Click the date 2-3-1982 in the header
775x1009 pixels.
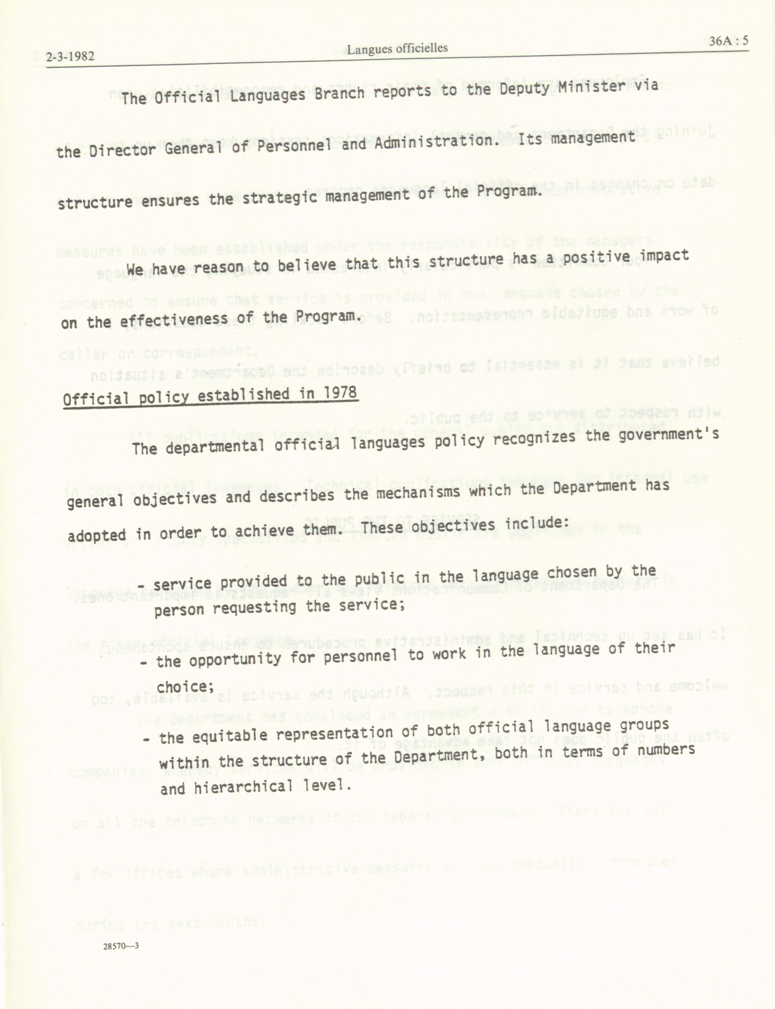tap(70, 57)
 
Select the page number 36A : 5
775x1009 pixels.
tap(729, 41)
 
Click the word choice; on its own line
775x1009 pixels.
tap(185, 687)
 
